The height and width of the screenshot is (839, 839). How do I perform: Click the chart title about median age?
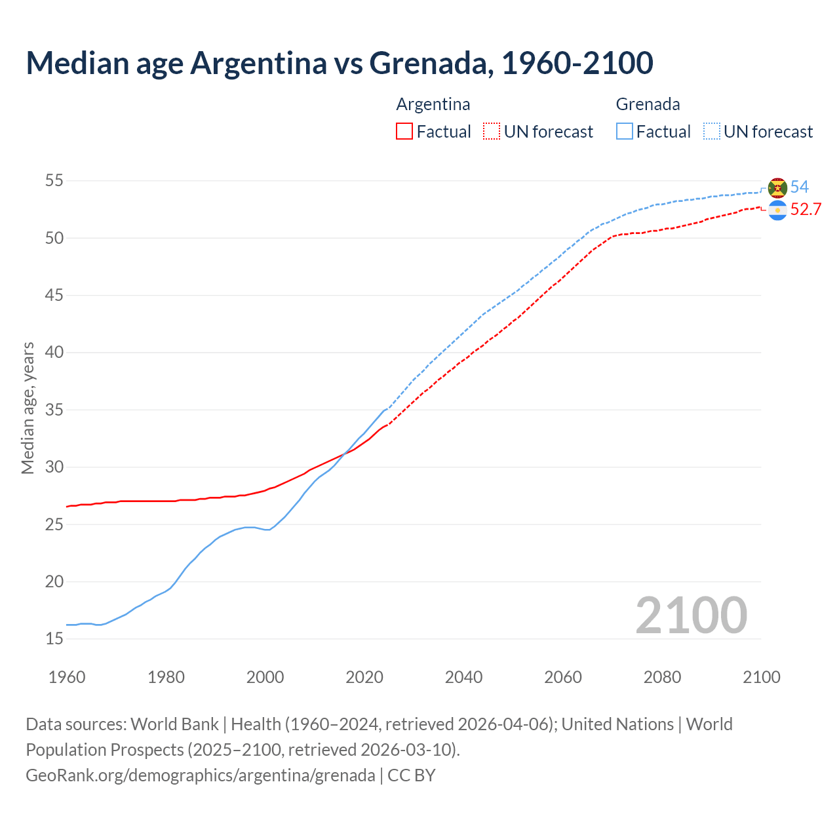340,63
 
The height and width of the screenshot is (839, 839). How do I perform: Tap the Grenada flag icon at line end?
777,187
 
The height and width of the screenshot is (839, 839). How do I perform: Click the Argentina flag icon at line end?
777,210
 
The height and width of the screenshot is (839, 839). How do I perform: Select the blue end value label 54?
800,187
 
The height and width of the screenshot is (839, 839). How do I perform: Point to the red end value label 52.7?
806,210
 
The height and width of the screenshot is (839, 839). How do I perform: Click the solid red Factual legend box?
404,132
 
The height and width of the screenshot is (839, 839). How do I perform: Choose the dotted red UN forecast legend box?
492,132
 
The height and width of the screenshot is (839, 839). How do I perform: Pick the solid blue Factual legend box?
625,132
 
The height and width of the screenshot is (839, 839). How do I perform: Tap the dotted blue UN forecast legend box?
712,132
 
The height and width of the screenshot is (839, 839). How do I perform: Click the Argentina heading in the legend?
433,104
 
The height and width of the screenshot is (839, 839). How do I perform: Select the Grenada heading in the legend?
648,104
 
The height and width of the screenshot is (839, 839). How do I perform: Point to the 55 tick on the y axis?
54,181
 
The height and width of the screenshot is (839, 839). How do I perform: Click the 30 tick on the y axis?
54,467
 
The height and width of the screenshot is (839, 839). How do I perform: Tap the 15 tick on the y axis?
54,638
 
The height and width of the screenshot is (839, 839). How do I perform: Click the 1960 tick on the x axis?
67,677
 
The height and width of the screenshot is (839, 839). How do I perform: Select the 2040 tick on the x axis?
463,677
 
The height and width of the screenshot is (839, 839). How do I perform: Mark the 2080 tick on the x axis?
662,677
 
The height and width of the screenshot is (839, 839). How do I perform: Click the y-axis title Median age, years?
28,408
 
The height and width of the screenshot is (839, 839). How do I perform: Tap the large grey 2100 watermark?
692,615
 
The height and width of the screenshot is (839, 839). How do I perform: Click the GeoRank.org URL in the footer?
201,775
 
